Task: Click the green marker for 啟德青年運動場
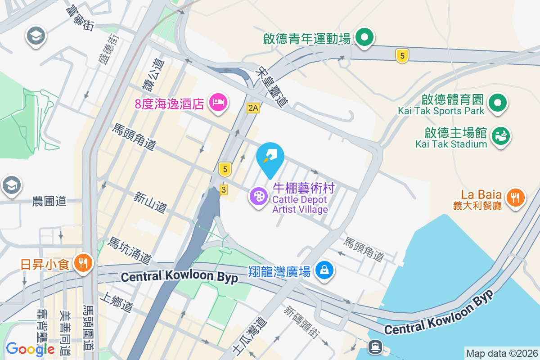(x=365, y=37)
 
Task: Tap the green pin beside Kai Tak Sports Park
(x=498, y=102)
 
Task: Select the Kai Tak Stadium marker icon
(x=500, y=135)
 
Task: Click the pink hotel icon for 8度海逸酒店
(x=219, y=102)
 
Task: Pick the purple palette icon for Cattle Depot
(x=259, y=197)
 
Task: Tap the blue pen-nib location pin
(x=270, y=157)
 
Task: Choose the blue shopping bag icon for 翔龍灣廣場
(x=324, y=270)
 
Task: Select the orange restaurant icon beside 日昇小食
(x=83, y=262)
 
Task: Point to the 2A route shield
(x=253, y=108)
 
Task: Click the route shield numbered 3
(x=224, y=190)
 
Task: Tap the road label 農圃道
(x=49, y=201)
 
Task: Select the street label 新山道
(x=150, y=202)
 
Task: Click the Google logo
(x=30, y=349)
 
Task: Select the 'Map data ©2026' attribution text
(x=501, y=354)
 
